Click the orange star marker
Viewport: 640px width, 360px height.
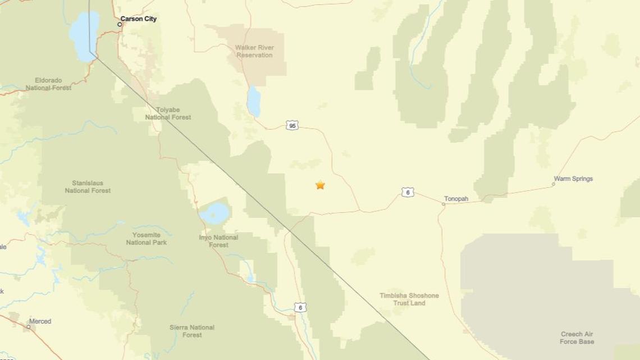320,185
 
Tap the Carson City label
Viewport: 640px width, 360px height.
139,19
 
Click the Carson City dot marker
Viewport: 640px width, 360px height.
120,24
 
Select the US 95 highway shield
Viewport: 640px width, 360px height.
292,125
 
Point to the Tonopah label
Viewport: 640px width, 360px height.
456,199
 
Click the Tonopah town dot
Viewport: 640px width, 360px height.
443,204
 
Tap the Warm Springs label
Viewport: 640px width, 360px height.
573,179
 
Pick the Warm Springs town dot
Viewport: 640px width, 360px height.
553,184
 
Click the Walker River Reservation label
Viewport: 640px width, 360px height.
254,51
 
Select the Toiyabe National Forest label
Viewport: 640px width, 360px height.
168,113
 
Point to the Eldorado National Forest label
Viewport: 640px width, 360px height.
48,84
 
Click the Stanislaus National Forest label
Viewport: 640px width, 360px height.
88,186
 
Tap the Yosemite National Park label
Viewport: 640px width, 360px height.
147,239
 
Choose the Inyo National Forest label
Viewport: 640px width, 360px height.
218,241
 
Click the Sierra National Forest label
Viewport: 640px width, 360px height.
192,331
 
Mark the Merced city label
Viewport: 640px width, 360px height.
40,321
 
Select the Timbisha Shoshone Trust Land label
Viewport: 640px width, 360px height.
409,299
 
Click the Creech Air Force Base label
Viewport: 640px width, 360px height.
577,338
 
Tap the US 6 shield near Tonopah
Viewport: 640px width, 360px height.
408,193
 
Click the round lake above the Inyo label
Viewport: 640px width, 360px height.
215,214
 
